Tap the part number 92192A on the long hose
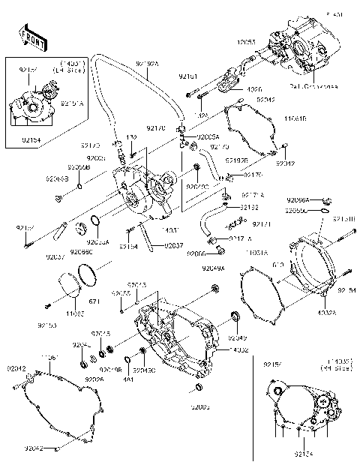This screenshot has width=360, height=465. (x=148, y=64)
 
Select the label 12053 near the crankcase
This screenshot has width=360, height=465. (x=247, y=43)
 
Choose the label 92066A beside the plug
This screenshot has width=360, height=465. (x=298, y=200)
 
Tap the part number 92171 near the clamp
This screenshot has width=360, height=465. (x=261, y=224)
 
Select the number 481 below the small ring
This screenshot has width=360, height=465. (x=128, y=379)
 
